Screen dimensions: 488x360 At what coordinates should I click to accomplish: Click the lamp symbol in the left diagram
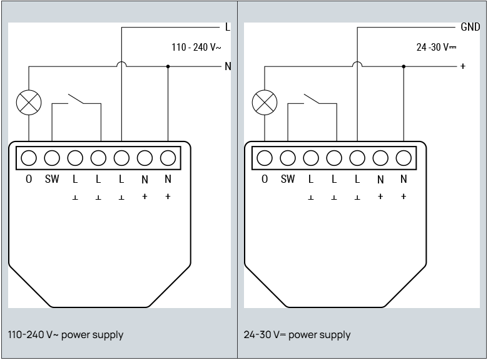[29, 103]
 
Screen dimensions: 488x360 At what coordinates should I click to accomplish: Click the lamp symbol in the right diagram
[265, 103]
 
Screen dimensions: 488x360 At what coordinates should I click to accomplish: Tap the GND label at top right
[470, 27]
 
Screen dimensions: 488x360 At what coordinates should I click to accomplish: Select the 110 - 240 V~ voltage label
[196, 47]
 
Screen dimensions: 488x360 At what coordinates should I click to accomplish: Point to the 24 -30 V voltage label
[436, 47]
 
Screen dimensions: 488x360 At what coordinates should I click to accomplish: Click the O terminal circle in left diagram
[29, 158]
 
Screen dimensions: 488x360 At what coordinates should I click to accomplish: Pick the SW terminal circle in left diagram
[52, 158]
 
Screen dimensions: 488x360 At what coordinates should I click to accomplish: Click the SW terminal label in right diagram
[288, 179]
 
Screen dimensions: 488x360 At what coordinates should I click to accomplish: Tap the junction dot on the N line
[168, 66]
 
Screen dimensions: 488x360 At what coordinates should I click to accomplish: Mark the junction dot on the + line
[404, 66]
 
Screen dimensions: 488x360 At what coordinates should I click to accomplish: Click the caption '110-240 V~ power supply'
[66, 335]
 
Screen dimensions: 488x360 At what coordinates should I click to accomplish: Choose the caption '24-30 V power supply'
[297, 335]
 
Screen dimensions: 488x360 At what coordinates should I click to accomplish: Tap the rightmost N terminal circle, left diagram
[168, 158]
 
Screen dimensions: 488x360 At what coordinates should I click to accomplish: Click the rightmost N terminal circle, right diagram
[404, 158]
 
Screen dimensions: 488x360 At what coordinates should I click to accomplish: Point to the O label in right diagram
[265, 179]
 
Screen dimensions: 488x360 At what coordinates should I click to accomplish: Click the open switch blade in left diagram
[76, 98]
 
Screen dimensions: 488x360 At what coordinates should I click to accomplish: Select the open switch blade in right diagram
[312, 98]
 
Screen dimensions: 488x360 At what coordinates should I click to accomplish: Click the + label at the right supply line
[463, 66]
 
